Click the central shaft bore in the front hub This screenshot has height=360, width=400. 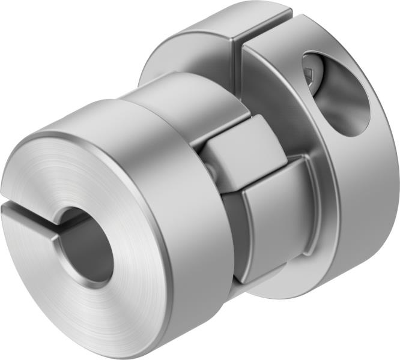click(x=90, y=246)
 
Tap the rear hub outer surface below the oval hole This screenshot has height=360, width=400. click(x=360, y=198)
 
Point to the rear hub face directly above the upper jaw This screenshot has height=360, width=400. click(x=273, y=96)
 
